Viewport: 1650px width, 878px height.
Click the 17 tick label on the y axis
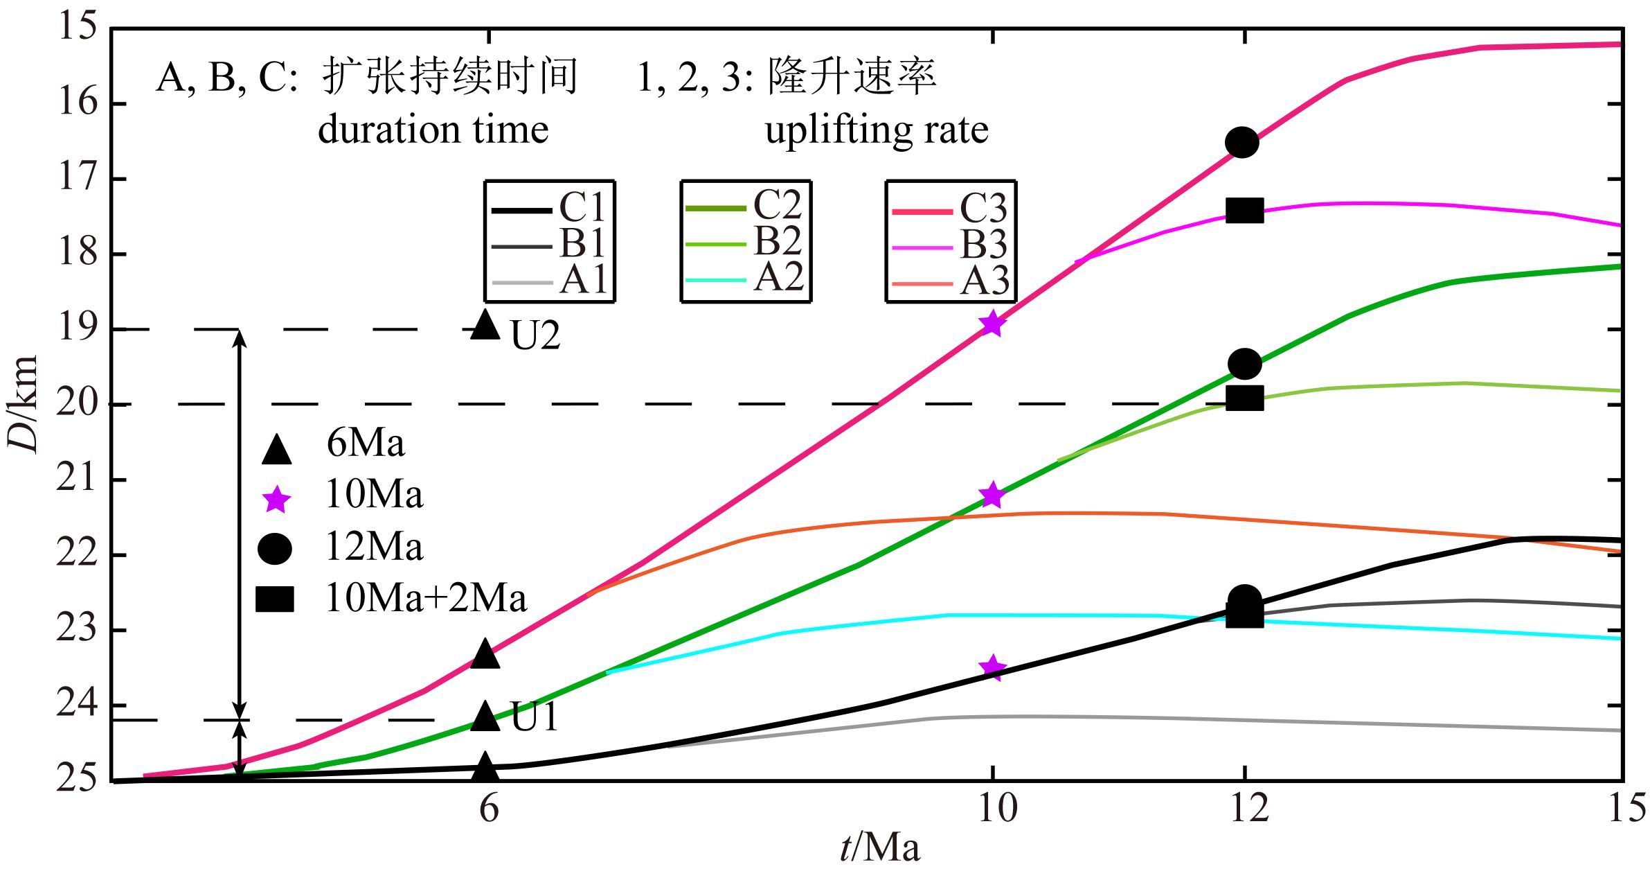(77, 178)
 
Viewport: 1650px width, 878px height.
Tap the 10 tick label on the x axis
(996, 808)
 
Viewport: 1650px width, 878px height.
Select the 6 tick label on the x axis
(489, 808)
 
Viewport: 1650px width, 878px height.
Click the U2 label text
(535, 337)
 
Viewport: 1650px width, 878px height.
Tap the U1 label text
(535, 717)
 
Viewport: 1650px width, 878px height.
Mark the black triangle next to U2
(485, 324)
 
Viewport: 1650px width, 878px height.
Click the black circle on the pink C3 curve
(1241, 142)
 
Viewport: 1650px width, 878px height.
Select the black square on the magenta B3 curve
(1244, 211)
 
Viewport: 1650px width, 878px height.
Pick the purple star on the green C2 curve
(992, 495)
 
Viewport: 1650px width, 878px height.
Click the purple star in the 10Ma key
(276, 499)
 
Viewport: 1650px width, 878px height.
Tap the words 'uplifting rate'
(876, 130)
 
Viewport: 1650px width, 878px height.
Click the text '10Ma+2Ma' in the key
(426, 598)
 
